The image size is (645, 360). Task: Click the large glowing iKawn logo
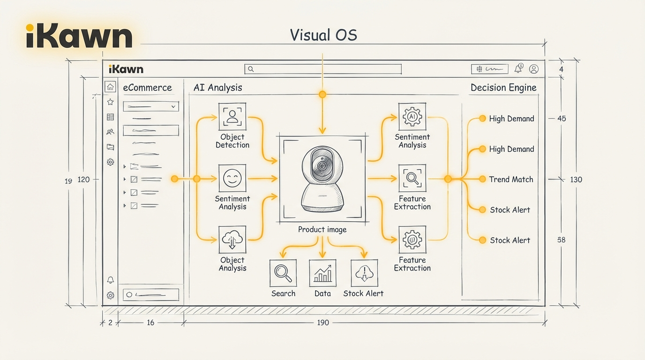(79, 36)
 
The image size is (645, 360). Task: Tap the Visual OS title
(323, 35)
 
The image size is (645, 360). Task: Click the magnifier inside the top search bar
(251, 69)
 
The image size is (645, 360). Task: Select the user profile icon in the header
(533, 69)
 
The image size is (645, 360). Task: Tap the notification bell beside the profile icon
(518, 69)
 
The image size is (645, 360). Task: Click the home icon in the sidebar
(110, 87)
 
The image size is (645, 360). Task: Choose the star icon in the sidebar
(110, 102)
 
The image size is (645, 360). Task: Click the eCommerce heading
(147, 88)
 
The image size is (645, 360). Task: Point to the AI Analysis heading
(217, 88)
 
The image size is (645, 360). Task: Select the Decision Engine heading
(503, 88)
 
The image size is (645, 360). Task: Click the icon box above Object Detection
(232, 116)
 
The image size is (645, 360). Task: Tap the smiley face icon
(232, 178)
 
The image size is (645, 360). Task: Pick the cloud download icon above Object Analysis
(232, 240)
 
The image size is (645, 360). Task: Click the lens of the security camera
(322, 166)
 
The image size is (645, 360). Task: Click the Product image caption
(322, 230)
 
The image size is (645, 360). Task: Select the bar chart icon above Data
(322, 273)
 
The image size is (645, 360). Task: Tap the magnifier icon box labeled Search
(283, 273)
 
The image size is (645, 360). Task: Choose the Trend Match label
(511, 179)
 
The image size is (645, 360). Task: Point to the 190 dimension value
(322, 322)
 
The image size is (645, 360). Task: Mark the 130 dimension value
(576, 179)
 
